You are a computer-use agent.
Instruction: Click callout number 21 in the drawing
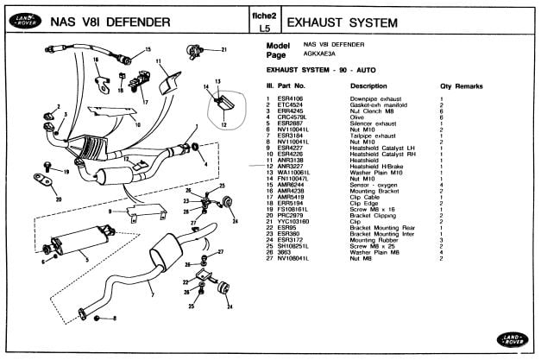pyautogui.click(x=223, y=49)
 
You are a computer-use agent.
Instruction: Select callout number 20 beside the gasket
pyautogui.click(x=58, y=200)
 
